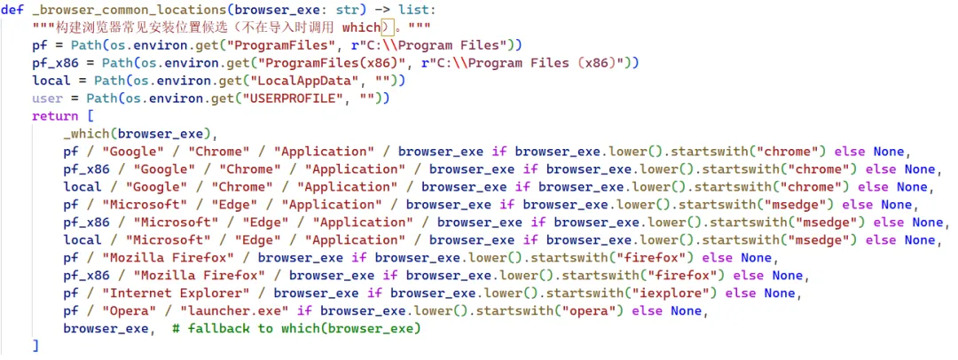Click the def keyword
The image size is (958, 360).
click(x=12, y=10)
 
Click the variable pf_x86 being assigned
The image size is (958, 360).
click(x=55, y=63)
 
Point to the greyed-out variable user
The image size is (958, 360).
click(x=47, y=98)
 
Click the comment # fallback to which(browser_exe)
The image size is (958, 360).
click(x=296, y=329)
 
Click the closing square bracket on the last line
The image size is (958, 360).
click(x=35, y=346)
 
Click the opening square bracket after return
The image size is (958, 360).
click(x=90, y=116)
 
